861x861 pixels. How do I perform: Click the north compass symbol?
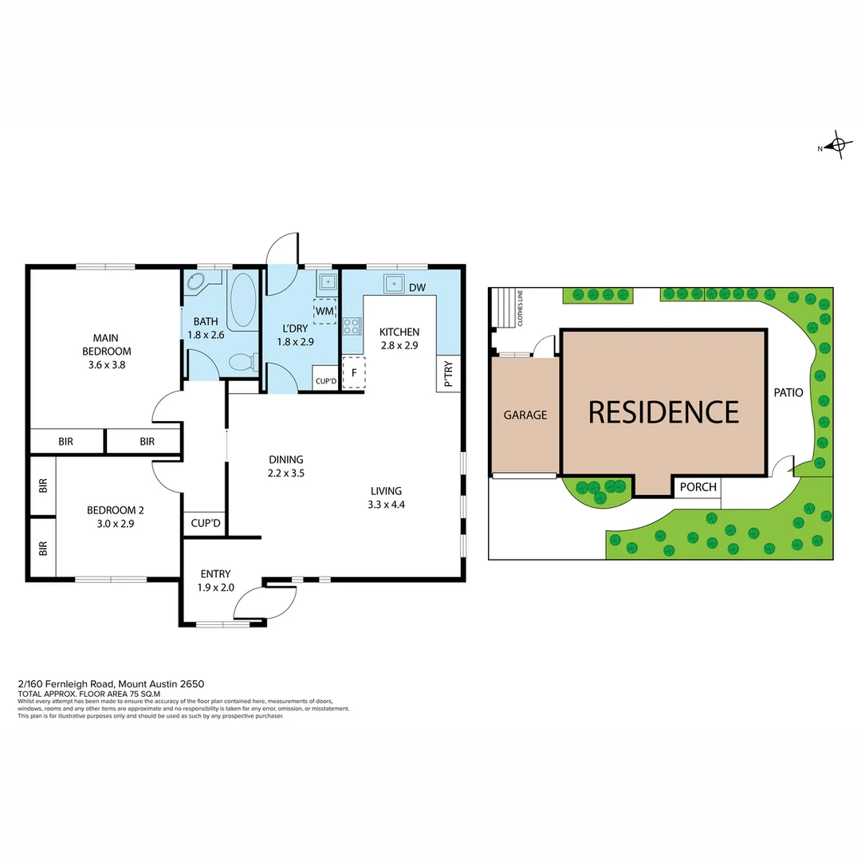835,146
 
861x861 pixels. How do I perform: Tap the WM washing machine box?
324,311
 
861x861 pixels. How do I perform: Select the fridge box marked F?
353,372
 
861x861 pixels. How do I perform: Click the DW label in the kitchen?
416,287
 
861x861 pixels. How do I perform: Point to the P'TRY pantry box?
447,372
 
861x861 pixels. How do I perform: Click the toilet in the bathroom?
240,364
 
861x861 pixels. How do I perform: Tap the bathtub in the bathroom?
242,301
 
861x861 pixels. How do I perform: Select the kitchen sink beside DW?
393,284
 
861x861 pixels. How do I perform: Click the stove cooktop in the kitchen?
352,326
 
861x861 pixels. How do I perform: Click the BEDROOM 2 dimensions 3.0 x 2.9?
116,523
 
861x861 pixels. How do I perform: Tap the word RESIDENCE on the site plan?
663,411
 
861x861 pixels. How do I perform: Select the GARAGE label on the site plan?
525,415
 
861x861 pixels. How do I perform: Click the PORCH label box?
698,487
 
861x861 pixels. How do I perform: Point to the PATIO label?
788,392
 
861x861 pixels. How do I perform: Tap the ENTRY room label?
215,573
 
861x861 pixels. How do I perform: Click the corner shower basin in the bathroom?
196,281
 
